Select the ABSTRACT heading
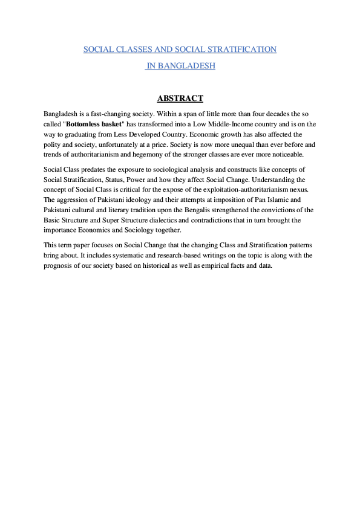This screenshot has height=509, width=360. coord(180,99)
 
